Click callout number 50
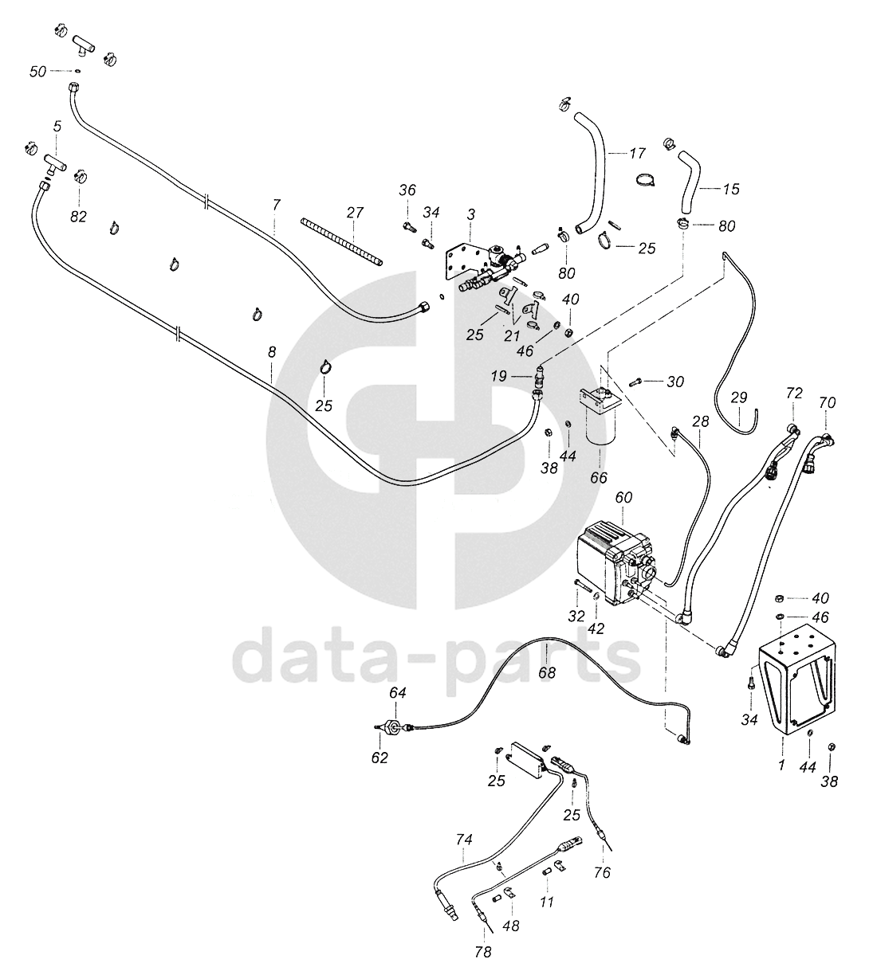pyautogui.click(x=37, y=72)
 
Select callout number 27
pyautogui.click(x=355, y=213)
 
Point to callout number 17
pyautogui.click(x=637, y=153)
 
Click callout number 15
pyautogui.click(x=731, y=189)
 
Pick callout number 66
pyautogui.click(x=598, y=477)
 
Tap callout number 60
pyautogui.click(x=623, y=497)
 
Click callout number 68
pyautogui.click(x=546, y=672)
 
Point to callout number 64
pyautogui.click(x=397, y=693)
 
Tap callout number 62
pyautogui.click(x=379, y=758)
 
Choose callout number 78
pyautogui.click(x=483, y=951)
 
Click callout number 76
pyautogui.click(x=602, y=872)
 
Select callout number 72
pyautogui.click(x=793, y=394)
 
